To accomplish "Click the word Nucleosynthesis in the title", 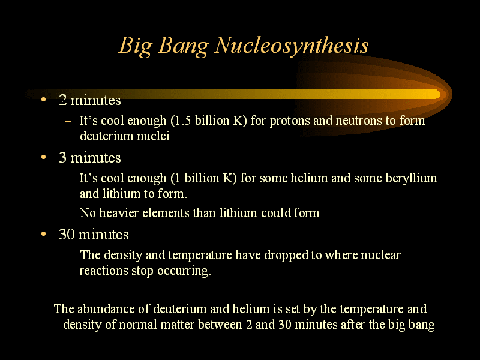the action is click(291, 46).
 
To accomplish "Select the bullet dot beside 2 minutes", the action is click(43, 100).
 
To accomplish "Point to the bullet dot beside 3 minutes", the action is click(43, 157).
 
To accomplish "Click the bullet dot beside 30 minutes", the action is click(43, 234).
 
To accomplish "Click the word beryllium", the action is click(411, 179).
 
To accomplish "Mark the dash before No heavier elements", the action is click(68, 214).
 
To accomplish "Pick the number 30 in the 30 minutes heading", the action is click(67, 235).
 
